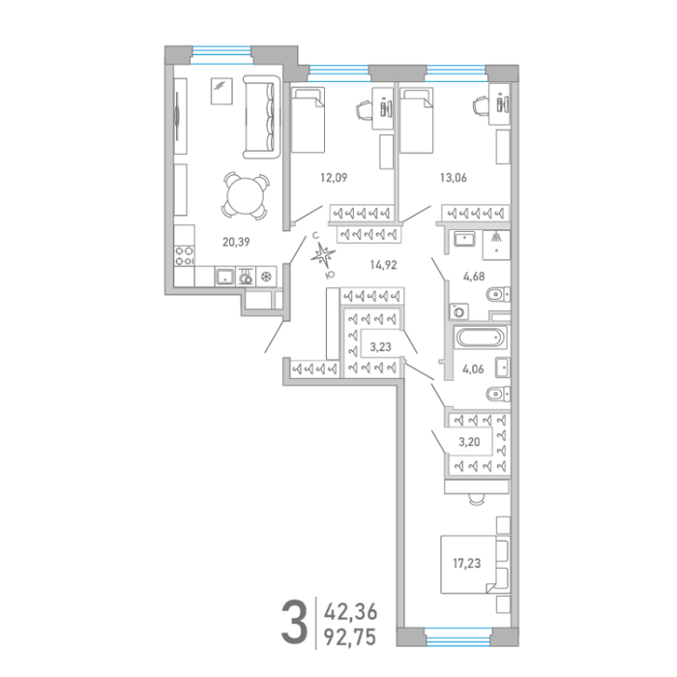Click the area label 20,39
(x=236, y=242)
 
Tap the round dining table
(x=245, y=195)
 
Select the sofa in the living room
(x=261, y=117)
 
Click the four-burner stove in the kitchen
(x=184, y=255)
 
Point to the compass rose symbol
(x=322, y=255)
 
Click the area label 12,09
(x=334, y=177)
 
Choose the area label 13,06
(x=454, y=177)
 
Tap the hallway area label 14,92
(x=383, y=265)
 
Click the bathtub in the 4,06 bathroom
(x=481, y=338)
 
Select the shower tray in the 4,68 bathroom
(x=496, y=245)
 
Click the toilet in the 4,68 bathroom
(x=498, y=295)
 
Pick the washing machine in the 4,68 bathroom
(x=459, y=310)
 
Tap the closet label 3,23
(x=380, y=346)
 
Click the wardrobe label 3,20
(x=469, y=442)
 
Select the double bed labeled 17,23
(x=475, y=564)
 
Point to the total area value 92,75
(x=350, y=636)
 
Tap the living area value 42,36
(x=350, y=612)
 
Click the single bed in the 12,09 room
(x=308, y=120)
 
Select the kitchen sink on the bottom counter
(x=225, y=277)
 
